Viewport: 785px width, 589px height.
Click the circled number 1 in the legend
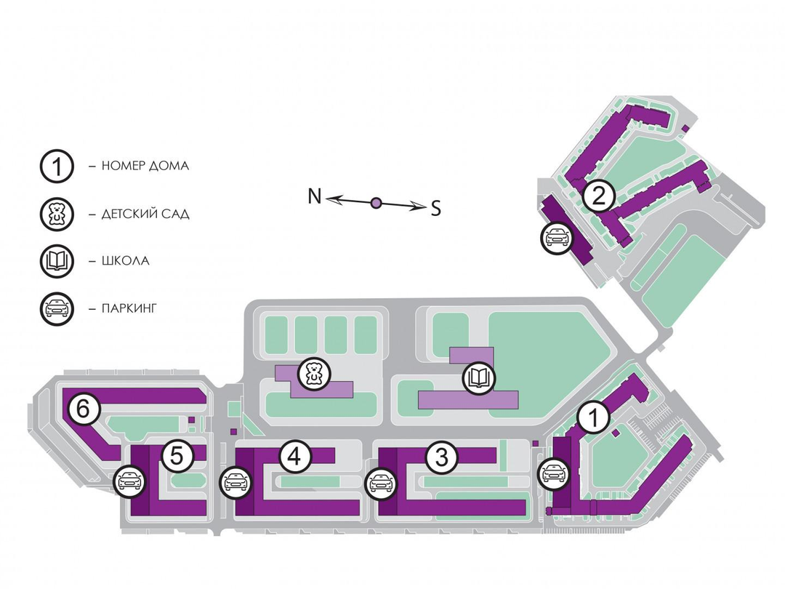(x=57, y=167)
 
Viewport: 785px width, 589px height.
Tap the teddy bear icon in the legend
(x=57, y=214)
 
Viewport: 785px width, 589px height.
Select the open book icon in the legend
(x=57, y=261)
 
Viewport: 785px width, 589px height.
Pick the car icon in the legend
(x=57, y=308)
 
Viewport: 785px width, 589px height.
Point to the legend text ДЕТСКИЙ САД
(x=145, y=214)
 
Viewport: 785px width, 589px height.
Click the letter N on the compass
(x=315, y=196)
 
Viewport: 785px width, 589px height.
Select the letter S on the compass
(x=435, y=209)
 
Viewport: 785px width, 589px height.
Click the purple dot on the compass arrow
(x=376, y=203)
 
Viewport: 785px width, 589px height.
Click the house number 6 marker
(x=84, y=410)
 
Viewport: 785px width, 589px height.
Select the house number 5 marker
(x=177, y=457)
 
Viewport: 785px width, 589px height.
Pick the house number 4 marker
(x=294, y=457)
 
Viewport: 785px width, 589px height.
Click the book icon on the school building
(x=478, y=378)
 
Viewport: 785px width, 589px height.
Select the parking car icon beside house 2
(x=556, y=238)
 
